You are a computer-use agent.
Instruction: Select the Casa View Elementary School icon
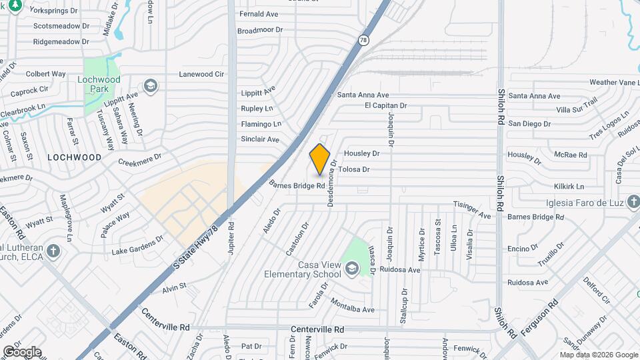pos(351,268)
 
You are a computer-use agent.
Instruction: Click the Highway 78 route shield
pos(363,40)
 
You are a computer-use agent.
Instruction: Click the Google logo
pos(22,352)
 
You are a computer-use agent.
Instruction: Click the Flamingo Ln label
pos(261,124)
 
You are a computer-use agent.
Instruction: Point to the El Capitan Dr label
pos(385,105)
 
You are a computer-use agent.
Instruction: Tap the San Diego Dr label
pos(529,123)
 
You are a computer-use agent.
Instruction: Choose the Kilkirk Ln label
pos(568,187)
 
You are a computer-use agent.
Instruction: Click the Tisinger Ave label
pos(472,207)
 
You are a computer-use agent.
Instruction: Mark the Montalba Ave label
pos(353,309)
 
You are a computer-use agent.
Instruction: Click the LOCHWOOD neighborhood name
pos(75,157)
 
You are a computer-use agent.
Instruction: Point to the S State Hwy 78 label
pos(196,247)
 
